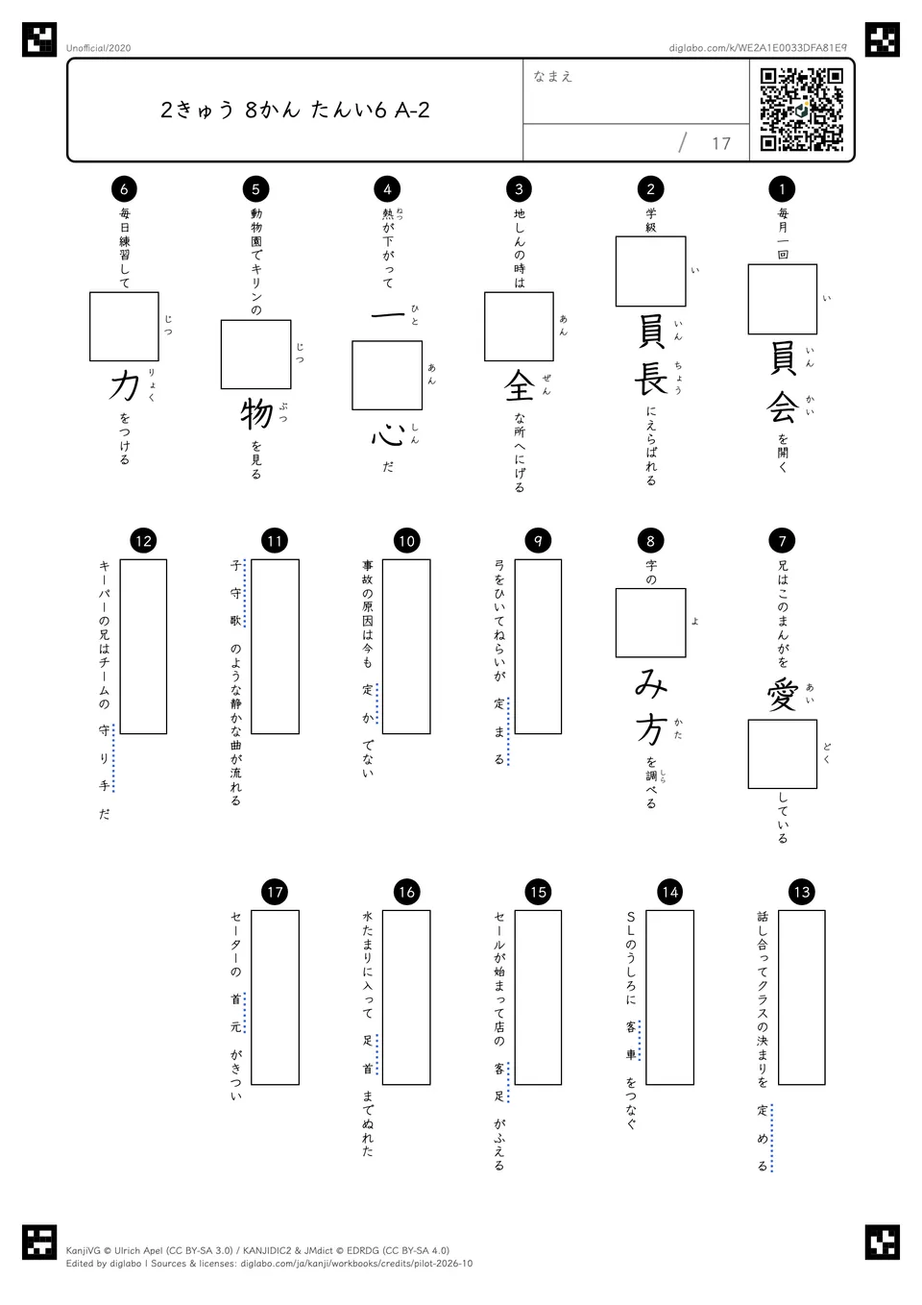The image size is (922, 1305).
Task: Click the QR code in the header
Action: pyautogui.click(x=802, y=110)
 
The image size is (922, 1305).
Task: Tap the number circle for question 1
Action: pyautogui.click(x=782, y=188)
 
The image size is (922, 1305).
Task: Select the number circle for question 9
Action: pyautogui.click(x=538, y=541)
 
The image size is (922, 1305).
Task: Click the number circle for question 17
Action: pyautogui.click(x=275, y=892)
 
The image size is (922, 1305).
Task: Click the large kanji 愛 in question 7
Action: pyautogui.click(x=782, y=696)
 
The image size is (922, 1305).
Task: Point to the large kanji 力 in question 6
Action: pyautogui.click(x=124, y=386)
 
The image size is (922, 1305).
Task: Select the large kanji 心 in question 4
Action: pyautogui.click(x=387, y=434)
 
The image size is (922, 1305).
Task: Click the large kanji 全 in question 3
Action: pyautogui.click(x=519, y=386)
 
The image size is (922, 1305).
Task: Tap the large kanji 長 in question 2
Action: pyautogui.click(x=651, y=380)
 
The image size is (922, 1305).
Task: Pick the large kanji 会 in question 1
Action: pyautogui.click(x=782, y=407)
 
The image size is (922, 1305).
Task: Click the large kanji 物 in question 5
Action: pyautogui.click(x=256, y=414)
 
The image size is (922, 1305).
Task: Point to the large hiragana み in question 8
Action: pyautogui.click(x=651, y=685)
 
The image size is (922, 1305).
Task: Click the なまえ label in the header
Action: pyautogui.click(x=553, y=76)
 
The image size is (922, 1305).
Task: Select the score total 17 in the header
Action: pyautogui.click(x=721, y=143)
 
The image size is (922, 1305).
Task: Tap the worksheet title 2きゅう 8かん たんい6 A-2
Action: pyautogui.click(x=295, y=110)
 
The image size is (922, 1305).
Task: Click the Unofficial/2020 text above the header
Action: pyautogui.click(x=98, y=48)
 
